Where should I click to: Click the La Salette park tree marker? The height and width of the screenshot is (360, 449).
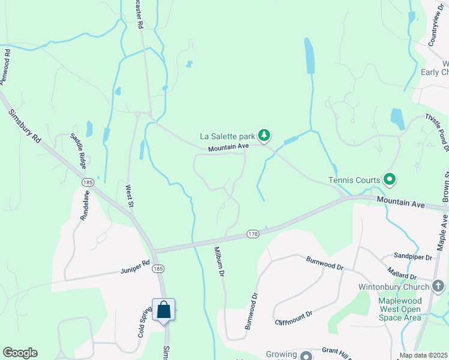click(264, 135)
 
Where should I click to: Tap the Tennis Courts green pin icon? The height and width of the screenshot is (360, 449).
click(389, 179)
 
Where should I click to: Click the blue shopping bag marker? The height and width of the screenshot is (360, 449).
click(163, 310)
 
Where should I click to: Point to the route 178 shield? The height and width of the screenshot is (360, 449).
click(253, 233)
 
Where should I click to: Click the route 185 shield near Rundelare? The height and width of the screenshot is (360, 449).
click(88, 181)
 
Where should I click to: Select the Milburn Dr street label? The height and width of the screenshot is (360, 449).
click(219, 262)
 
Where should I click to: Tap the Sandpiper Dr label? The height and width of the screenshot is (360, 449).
click(413, 257)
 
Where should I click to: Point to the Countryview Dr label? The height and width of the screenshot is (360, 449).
click(435, 28)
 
